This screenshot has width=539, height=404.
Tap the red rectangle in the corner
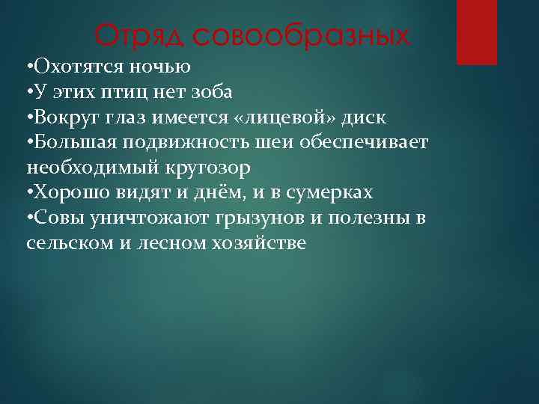(x=477, y=32)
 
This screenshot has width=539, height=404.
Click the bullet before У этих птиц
(x=28, y=92)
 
